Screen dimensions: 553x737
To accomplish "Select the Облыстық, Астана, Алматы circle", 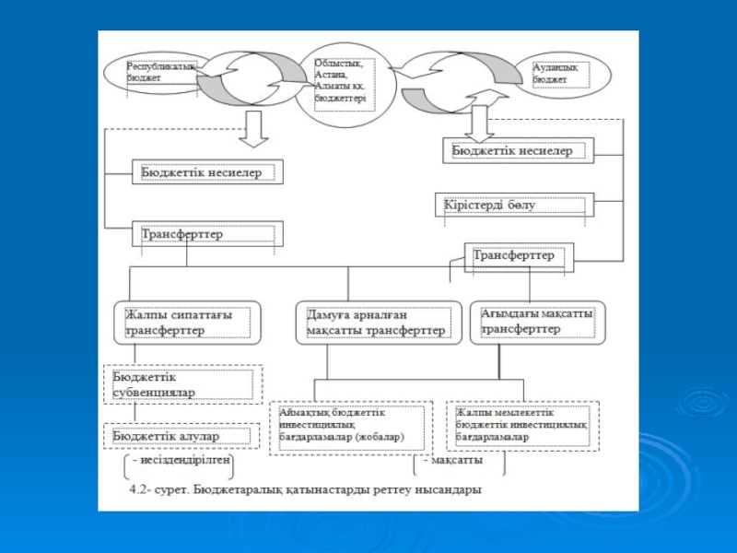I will pos(338,81).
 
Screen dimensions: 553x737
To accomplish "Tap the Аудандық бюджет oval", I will pos(564,75).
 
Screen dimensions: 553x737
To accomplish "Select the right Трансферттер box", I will pos(519,256).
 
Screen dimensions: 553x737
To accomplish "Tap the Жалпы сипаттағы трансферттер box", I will pos(188,323).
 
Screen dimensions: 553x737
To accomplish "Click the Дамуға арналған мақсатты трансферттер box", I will pos(377,323).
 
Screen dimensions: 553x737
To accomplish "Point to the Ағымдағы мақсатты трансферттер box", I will pos(537,322).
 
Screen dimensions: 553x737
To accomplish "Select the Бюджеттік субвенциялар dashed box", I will pos(182,384).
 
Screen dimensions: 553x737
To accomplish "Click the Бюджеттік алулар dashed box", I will pos(182,436).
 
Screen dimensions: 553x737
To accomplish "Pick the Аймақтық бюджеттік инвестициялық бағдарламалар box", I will pos(349,427).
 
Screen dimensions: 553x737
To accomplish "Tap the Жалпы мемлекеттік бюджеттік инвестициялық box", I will pos(522,426).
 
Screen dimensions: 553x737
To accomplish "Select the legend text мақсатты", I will pos(453,458).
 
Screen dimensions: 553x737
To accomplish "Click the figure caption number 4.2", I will pos(139,488).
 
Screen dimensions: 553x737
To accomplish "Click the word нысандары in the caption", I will pos(449,488).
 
